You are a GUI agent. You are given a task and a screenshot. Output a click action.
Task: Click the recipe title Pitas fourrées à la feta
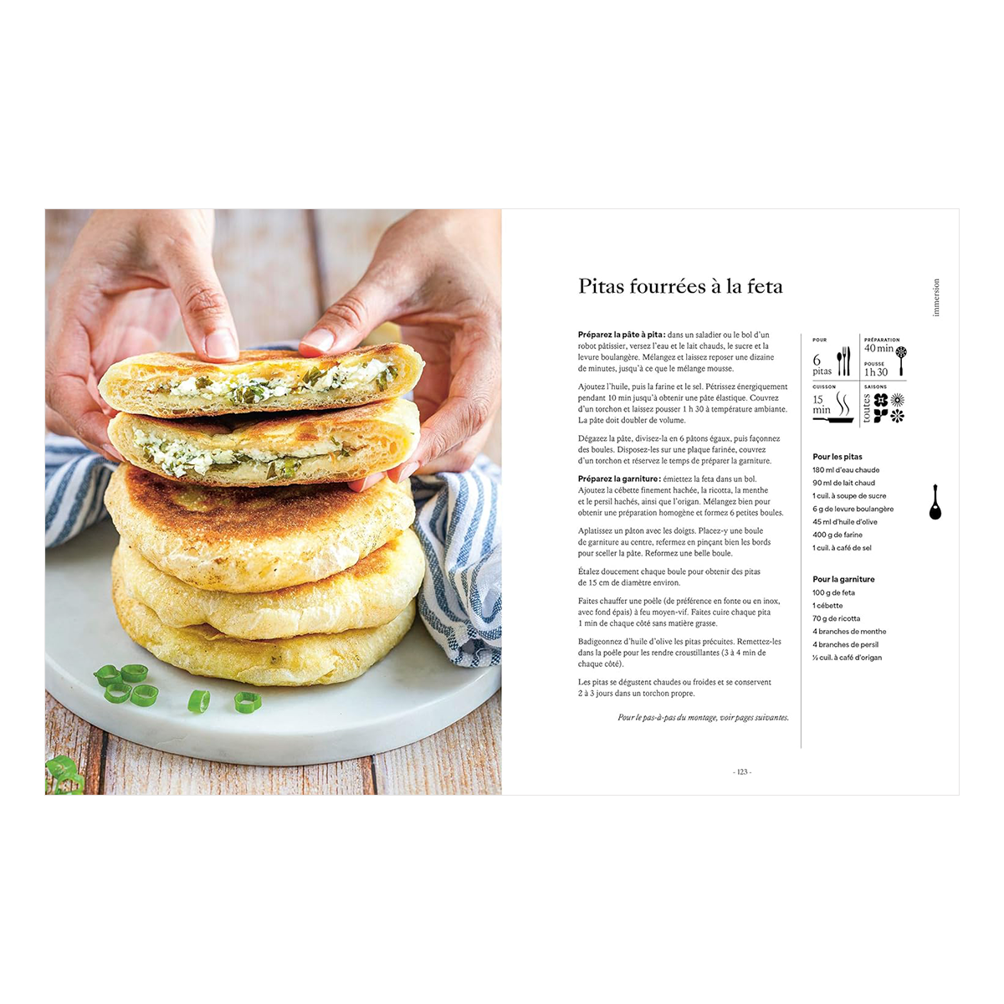pos(680,287)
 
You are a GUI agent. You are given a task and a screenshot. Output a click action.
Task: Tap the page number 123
pos(741,771)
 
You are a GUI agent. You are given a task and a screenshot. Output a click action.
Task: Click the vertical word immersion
pos(935,298)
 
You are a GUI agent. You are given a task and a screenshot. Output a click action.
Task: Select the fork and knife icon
pos(843,361)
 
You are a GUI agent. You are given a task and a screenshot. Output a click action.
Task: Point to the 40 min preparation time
pos(878,348)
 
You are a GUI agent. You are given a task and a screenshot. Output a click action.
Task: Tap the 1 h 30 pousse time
pos(876,372)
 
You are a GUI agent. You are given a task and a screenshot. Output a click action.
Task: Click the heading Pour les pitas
pos(838,457)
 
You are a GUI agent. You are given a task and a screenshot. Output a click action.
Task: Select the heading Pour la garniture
pos(843,579)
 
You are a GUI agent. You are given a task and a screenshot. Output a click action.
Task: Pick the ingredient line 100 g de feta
pos(833,592)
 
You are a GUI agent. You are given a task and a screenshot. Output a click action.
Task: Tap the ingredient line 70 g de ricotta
pos(836,618)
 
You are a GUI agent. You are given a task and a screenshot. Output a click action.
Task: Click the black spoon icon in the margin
pos(935,502)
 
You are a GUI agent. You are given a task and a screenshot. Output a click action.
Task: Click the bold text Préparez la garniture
pos(619,479)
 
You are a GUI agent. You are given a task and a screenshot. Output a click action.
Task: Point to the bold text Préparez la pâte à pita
pos(622,335)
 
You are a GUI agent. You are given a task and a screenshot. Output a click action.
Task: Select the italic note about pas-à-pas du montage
pos(704,717)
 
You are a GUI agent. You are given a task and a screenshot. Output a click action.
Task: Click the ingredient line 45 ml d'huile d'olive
pos(845,521)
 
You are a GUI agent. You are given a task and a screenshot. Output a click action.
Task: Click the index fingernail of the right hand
pos(318,340)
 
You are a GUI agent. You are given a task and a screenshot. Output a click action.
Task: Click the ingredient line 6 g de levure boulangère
pos(853,509)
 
